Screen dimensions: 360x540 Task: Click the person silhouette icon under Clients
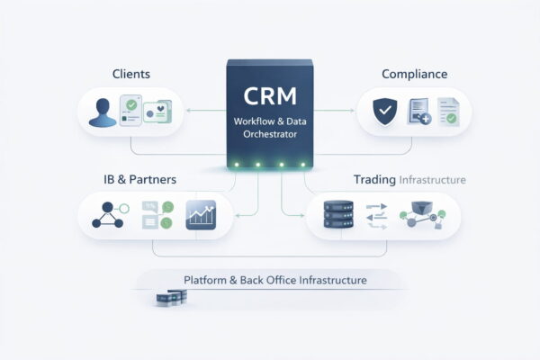click(x=100, y=112)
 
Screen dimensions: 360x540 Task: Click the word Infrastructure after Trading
click(x=433, y=180)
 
